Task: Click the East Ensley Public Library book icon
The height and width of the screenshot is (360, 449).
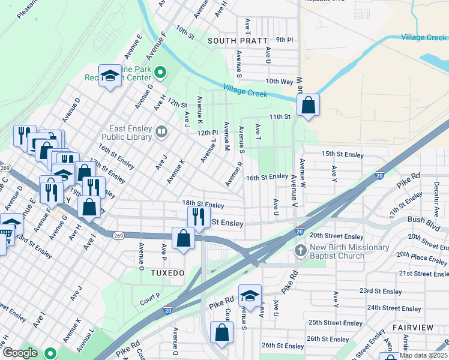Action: point(161,131)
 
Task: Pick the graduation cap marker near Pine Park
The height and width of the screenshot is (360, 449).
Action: point(110,76)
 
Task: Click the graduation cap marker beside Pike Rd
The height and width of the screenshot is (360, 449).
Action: point(250,296)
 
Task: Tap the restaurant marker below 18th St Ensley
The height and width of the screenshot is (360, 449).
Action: point(199,216)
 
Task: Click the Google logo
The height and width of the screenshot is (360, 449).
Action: point(20,353)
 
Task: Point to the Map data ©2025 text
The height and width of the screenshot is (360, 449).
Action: point(423,355)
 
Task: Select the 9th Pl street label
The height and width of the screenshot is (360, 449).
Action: point(285,40)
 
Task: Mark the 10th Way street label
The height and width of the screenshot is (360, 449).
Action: point(279,81)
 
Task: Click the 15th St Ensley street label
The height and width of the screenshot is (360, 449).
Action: point(343,155)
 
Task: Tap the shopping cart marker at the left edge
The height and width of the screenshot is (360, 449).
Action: point(9,226)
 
